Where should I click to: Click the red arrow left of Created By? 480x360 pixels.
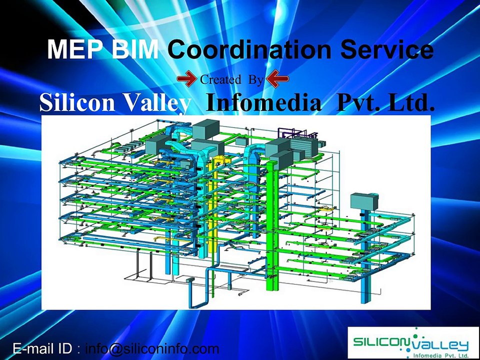point(187,78)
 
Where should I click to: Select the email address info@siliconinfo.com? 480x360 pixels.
point(152,348)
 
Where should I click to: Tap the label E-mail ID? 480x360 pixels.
point(42,348)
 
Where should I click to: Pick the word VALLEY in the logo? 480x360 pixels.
point(443,345)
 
